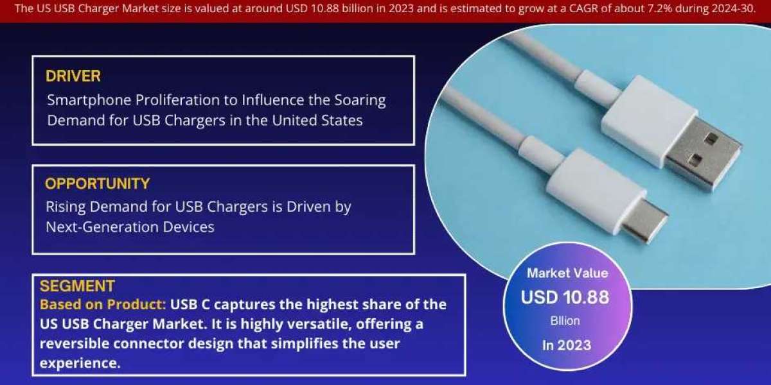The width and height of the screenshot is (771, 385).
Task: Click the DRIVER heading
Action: click(73, 76)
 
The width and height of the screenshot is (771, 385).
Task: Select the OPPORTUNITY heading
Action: click(98, 184)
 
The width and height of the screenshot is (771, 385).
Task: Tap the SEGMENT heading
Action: click(77, 286)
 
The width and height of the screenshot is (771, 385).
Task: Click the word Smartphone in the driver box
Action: click(89, 101)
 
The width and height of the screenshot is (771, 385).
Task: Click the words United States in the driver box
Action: click(317, 121)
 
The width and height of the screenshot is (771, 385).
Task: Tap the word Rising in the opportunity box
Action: click(66, 207)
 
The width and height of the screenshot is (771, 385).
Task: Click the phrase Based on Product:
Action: click(103, 305)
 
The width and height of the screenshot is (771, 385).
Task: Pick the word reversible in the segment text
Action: click(74, 343)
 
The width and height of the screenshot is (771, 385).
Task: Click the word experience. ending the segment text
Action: click(80, 364)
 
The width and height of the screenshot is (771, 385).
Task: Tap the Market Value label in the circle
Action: click(567, 273)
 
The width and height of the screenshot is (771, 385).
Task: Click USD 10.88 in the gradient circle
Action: click(565, 297)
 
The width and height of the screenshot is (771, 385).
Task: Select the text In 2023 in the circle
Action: click(567, 345)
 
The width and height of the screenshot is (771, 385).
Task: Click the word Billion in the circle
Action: click(565, 321)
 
